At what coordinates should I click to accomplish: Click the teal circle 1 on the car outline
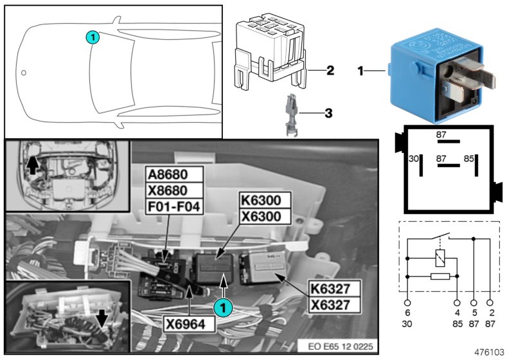tap(93, 37)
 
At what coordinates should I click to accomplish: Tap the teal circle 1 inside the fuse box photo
tap(222, 308)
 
